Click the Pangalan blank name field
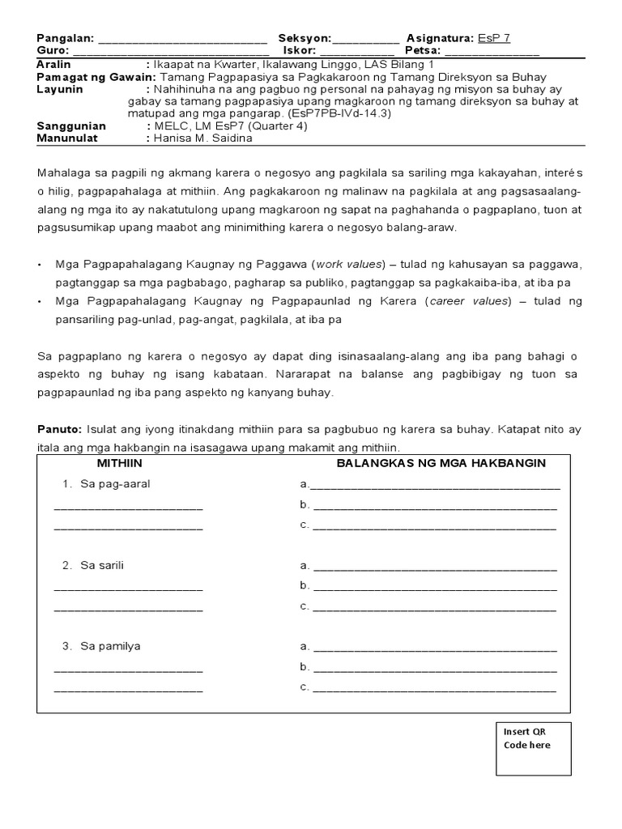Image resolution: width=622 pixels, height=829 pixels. [x=182, y=40]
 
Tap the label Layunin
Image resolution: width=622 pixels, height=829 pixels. [x=60, y=90]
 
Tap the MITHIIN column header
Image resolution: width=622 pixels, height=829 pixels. [x=120, y=463]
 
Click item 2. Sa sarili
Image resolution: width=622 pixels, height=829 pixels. [x=94, y=565]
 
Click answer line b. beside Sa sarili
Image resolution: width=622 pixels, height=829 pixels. [x=434, y=586]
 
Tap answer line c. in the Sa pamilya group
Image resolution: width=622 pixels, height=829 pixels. [x=434, y=688]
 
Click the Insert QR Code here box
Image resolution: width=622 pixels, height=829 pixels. [x=531, y=746]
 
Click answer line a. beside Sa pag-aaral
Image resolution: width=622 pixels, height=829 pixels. [x=434, y=486]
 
